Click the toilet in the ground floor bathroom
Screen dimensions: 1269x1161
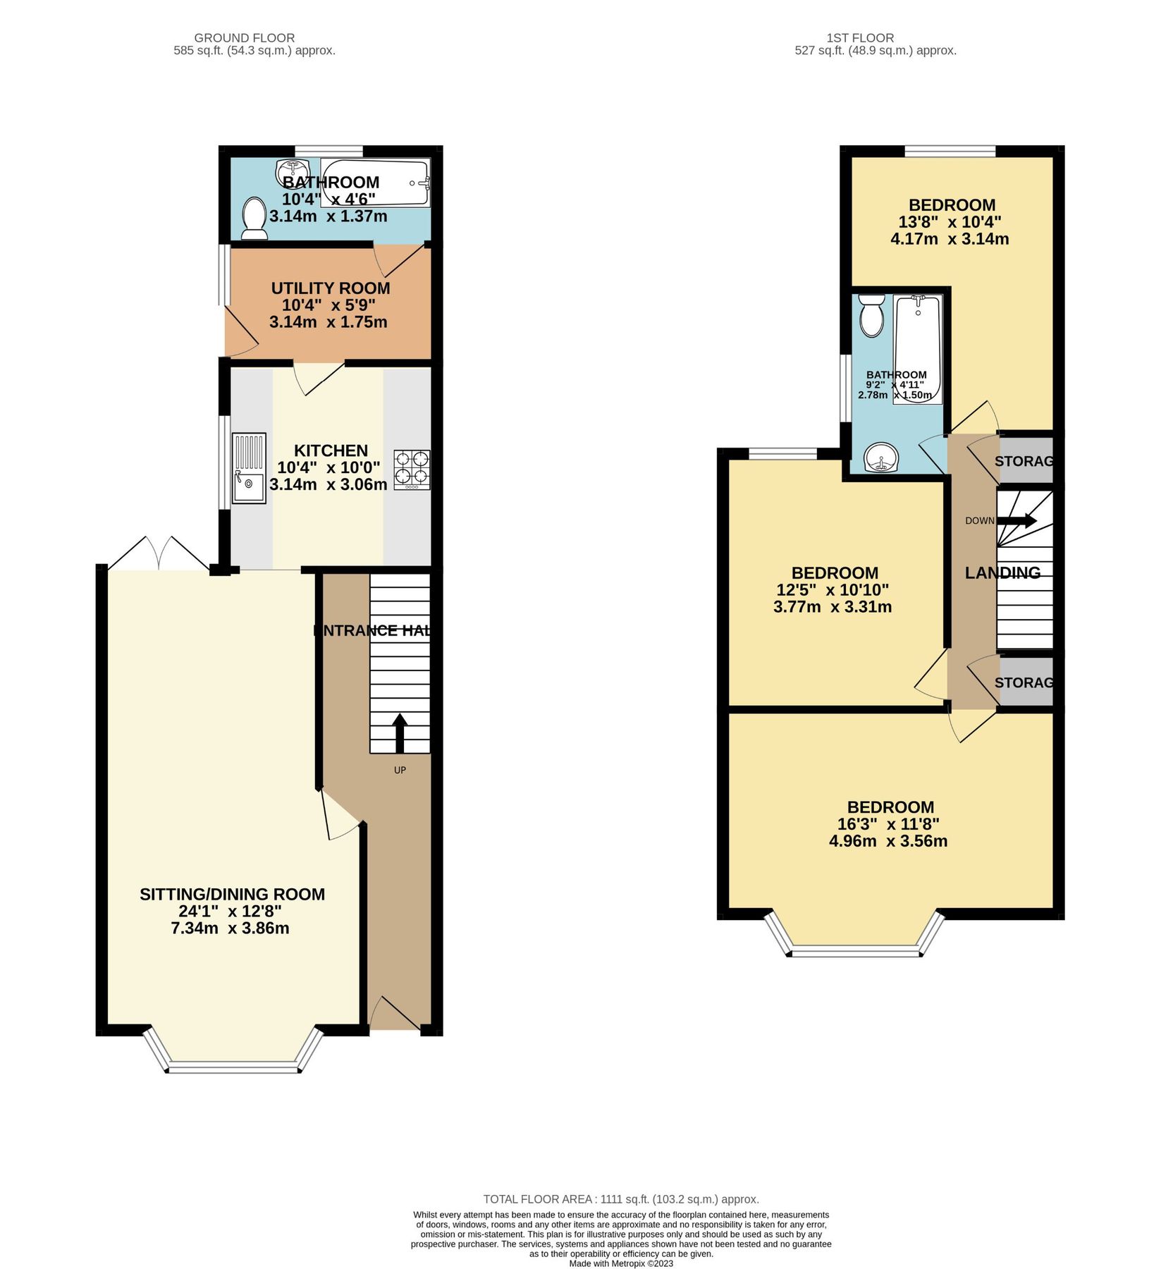point(254,218)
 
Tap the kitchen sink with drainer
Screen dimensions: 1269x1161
point(249,468)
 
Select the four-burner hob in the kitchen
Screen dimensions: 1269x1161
point(412,470)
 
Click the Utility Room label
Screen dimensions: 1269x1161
point(330,288)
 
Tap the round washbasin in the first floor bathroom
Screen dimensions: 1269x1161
point(881,458)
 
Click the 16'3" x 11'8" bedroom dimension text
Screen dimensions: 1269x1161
point(888,824)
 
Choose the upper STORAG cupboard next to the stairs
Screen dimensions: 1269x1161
point(1025,461)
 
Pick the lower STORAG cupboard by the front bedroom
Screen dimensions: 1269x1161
point(1025,682)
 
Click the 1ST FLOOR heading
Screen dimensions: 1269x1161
point(860,38)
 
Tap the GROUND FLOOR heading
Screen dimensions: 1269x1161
point(245,38)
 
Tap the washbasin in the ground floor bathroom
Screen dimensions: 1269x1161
point(292,171)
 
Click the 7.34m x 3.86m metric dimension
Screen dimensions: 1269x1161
point(230,928)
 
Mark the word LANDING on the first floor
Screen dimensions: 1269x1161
point(1002,572)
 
